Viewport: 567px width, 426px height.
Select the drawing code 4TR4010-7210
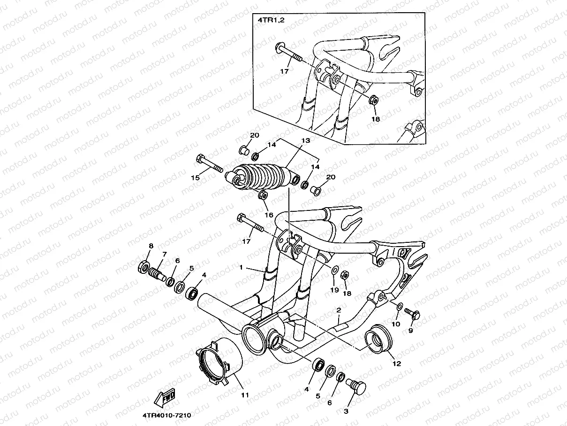[164, 415]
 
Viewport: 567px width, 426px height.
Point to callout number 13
[306, 140]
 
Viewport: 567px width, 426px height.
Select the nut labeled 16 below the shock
[263, 195]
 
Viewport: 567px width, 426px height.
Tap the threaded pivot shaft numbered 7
[159, 273]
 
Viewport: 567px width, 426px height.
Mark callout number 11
[244, 395]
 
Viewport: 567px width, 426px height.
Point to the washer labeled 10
[398, 307]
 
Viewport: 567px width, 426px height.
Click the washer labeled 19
[333, 271]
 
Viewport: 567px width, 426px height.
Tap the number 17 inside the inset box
[284, 71]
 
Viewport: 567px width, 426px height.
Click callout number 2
[338, 310]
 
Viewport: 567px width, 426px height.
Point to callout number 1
[241, 267]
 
